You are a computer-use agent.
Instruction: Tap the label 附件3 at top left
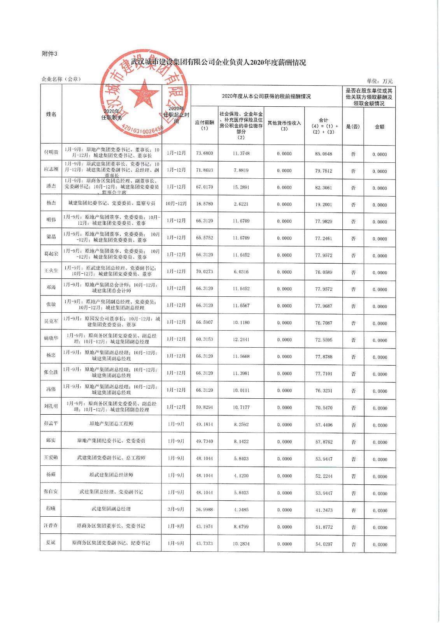(49, 54)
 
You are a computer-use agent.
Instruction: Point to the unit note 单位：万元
(380, 81)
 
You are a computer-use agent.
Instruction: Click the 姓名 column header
(51, 114)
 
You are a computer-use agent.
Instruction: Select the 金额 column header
(379, 127)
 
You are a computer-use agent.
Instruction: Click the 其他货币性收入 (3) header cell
(284, 126)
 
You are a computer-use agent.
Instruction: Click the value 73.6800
(204, 153)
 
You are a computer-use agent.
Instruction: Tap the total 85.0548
(323, 154)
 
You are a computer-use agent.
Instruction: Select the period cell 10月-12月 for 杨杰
(176, 204)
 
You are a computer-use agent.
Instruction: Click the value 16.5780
(204, 204)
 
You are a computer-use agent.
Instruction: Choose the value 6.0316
(241, 272)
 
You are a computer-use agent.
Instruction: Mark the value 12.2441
(241, 340)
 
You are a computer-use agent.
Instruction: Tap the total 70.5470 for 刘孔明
(323, 408)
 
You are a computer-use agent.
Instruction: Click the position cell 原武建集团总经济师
(111, 475)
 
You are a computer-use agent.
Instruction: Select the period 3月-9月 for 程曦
(176, 509)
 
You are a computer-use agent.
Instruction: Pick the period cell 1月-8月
(176, 526)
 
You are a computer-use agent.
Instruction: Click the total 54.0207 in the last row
(323, 544)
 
